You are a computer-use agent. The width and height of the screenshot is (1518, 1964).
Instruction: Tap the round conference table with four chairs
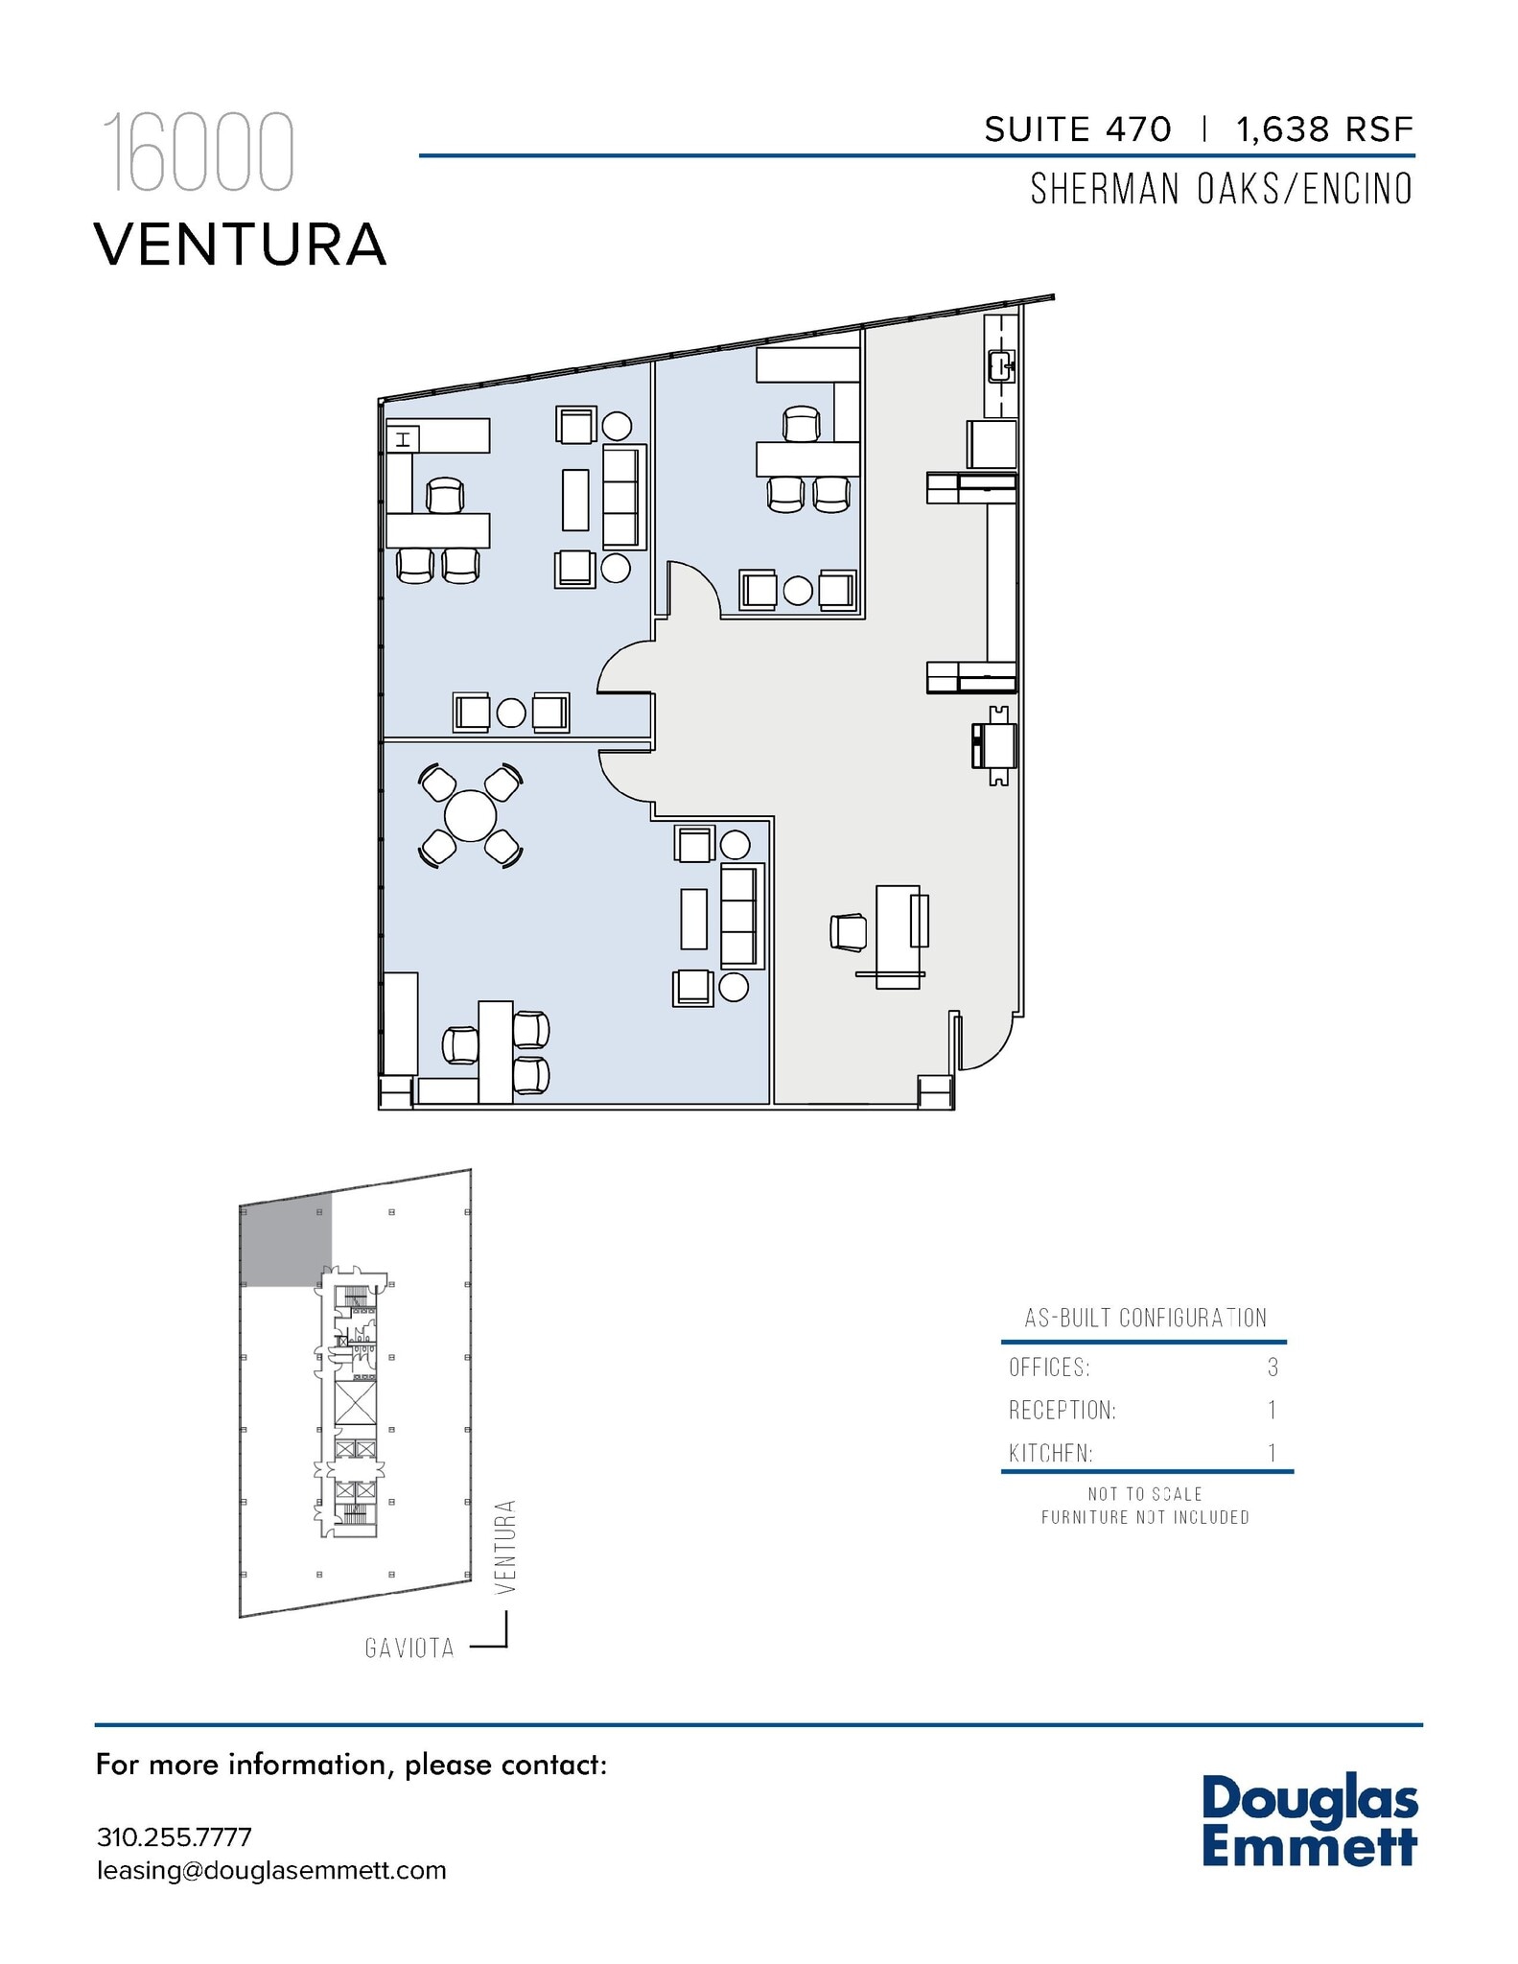(470, 816)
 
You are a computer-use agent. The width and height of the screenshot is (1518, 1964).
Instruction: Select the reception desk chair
(849, 932)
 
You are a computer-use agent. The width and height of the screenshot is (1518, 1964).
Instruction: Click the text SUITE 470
(1078, 129)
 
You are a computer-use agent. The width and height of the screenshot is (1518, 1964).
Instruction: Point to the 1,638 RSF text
(1324, 129)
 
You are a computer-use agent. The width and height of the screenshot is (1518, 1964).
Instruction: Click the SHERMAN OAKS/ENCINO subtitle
(1221, 190)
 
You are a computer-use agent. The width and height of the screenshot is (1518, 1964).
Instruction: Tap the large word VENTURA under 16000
(241, 245)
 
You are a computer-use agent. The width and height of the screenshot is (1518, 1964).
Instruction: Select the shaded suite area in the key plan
(285, 1239)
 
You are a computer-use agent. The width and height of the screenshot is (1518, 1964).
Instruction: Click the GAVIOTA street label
(409, 1648)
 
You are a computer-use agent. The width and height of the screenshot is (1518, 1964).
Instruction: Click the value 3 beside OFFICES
(1273, 1368)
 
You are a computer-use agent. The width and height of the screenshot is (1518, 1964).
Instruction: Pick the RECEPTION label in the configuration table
(1062, 1411)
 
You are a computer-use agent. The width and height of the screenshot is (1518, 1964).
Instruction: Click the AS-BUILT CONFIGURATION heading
(1145, 1318)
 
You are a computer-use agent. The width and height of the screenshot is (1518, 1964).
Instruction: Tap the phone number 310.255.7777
(175, 1836)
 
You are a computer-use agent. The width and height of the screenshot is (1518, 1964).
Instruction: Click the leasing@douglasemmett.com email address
(271, 1870)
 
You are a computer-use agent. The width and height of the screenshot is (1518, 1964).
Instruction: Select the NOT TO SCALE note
(1144, 1494)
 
